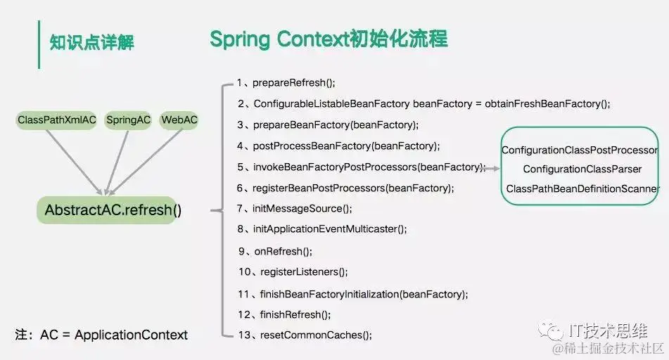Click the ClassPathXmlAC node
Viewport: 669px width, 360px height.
coord(56,120)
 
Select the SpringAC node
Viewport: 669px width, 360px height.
coord(128,120)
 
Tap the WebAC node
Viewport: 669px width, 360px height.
coord(179,120)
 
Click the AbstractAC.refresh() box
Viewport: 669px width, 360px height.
coord(113,210)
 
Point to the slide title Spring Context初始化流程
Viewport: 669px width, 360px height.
coord(329,39)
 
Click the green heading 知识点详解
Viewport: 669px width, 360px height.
coord(91,43)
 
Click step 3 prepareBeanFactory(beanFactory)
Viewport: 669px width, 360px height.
coord(328,125)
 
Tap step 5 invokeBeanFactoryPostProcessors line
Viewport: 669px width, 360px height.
coord(361,167)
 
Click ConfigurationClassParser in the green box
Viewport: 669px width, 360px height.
coord(582,169)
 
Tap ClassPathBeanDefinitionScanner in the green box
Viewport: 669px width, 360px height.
coord(582,189)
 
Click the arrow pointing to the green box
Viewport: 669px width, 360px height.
coord(492,169)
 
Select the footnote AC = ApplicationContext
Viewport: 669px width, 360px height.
coord(101,335)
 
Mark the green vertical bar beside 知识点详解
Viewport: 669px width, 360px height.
coord(39,44)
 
